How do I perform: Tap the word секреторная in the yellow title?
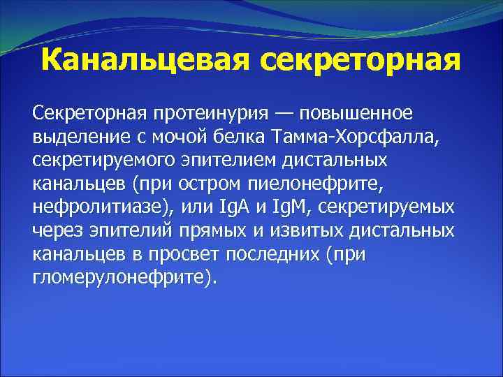tap(361, 60)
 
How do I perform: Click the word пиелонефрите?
tap(327, 184)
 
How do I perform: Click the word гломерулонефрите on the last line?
tap(117, 279)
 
